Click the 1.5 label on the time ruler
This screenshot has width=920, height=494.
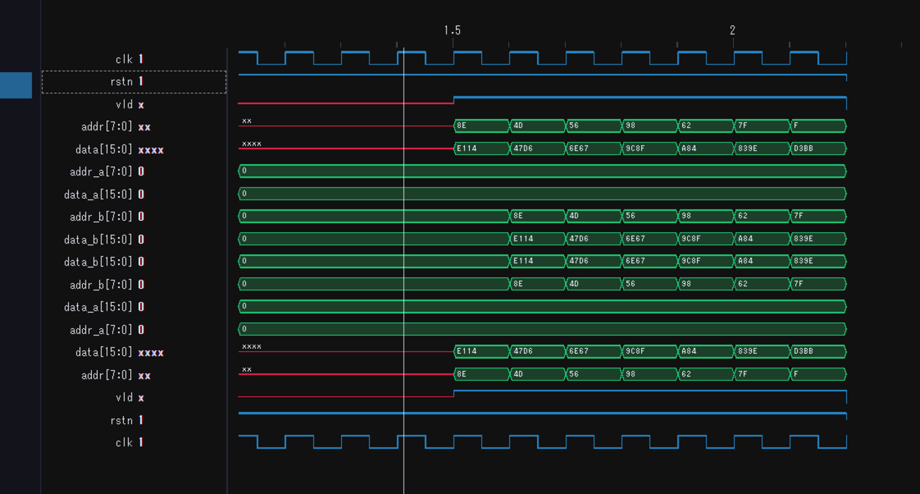pyautogui.click(x=452, y=30)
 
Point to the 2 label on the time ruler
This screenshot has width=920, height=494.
pyautogui.click(x=732, y=30)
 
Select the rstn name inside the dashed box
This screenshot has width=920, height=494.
pyautogui.click(x=122, y=81)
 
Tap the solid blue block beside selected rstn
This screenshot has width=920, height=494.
pyautogui.click(x=16, y=85)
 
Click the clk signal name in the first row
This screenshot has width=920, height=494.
pyautogui.click(x=124, y=59)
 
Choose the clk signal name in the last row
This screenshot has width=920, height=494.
pyautogui.click(x=124, y=442)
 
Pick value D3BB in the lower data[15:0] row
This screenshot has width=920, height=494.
pyautogui.click(x=803, y=351)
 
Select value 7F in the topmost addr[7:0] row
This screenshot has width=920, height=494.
pyautogui.click(x=742, y=126)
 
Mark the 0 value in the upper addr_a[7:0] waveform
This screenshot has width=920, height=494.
pyautogui.click(x=244, y=171)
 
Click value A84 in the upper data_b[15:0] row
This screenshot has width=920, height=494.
pyautogui.click(x=746, y=239)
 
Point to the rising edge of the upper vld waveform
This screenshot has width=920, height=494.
pyautogui.click(x=454, y=100)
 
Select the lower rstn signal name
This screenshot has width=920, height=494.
pyautogui.click(x=122, y=420)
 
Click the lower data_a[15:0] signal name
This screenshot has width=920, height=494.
pyautogui.click(x=98, y=307)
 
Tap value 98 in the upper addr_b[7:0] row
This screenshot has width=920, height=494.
pyautogui.click(x=686, y=216)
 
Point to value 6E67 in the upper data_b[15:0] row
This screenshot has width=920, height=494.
pyautogui.click(x=635, y=239)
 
